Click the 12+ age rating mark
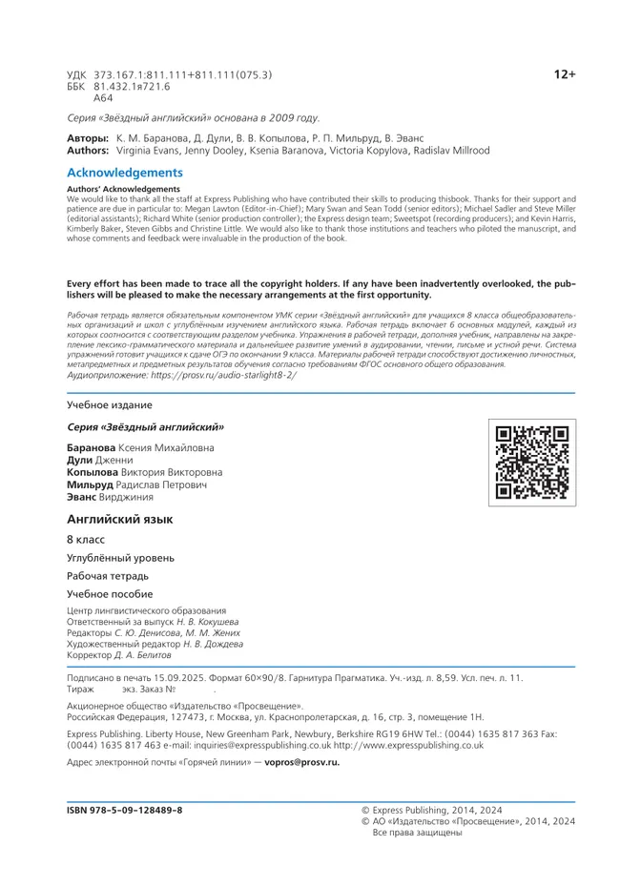pos(565,74)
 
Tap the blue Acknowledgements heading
pos(124,173)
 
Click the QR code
pos(533,463)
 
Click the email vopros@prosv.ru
pos(301,763)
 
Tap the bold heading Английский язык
pos(119,519)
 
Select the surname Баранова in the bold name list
pos(92,447)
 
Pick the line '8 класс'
pos(86,540)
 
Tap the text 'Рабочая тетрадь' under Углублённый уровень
pos(108,576)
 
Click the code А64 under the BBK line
pos(103,98)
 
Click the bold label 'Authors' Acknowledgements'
pos(123,189)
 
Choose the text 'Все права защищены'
pos(417,833)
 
